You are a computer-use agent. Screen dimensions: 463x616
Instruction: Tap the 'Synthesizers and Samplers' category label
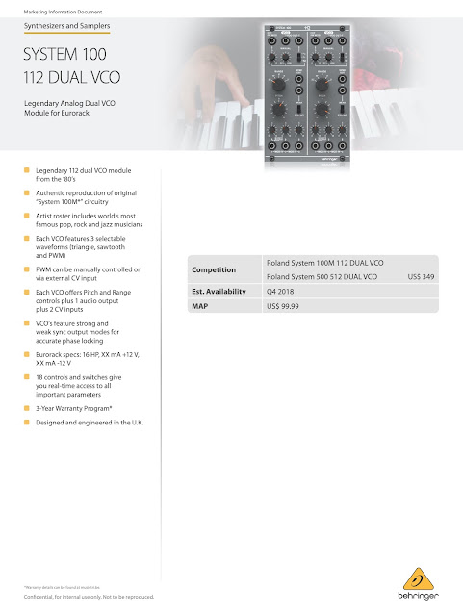pyautogui.click(x=65, y=28)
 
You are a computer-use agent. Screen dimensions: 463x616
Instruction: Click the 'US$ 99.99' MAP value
pyautogui.click(x=287, y=305)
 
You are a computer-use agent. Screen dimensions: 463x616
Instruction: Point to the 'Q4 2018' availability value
pyautogui.click(x=281, y=291)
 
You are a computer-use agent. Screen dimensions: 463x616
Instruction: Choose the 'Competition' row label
pyautogui.click(x=215, y=269)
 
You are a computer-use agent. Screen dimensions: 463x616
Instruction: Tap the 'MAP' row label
pyautogui.click(x=202, y=305)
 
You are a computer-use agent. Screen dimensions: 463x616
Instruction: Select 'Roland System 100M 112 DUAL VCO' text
pyautogui.click(x=324, y=262)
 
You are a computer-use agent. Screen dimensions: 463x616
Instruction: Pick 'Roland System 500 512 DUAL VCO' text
pyautogui.click(x=323, y=276)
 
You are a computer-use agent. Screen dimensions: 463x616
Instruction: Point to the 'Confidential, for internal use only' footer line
pyautogui.click(x=89, y=597)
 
